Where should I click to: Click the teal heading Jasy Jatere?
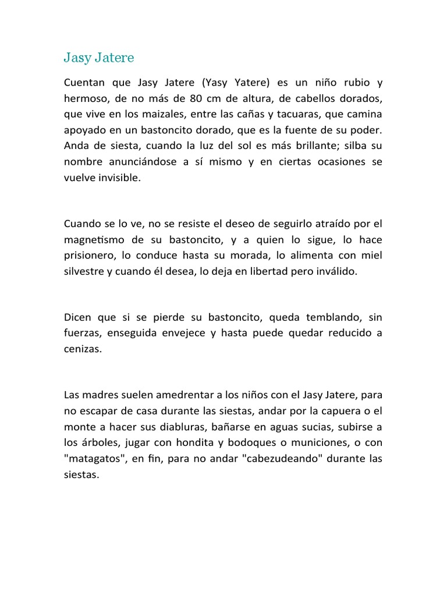[99, 58]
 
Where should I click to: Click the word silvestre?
[84, 272]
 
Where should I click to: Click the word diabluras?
[173, 426]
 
